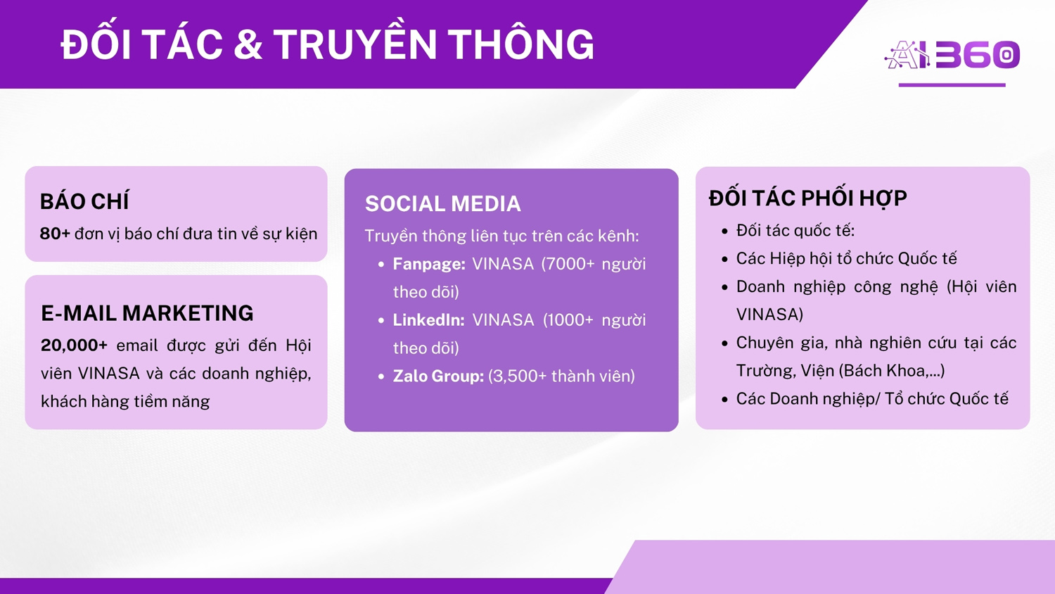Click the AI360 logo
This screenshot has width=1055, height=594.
point(952,55)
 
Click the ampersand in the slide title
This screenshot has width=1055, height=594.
point(248,45)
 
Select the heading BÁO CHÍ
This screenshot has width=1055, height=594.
point(84,201)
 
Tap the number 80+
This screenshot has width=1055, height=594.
point(55,234)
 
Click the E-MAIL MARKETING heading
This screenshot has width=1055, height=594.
point(148,313)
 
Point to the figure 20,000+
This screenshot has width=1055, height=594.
point(74,346)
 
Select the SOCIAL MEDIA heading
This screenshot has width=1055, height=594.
point(442,203)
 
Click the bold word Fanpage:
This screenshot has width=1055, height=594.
point(429,264)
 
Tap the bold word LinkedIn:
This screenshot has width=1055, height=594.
point(428,320)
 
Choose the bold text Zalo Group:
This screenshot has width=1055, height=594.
point(438,377)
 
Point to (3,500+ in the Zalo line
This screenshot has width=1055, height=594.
point(518,377)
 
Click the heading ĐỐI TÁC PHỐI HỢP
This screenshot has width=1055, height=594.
point(807,198)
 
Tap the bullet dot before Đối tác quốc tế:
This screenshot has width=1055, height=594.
point(725,231)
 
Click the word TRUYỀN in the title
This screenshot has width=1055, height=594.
point(356,44)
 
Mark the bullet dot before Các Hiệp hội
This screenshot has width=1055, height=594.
point(725,259)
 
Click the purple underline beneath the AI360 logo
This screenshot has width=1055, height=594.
point(952,85)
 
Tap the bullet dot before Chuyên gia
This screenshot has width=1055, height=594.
point(725,343)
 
